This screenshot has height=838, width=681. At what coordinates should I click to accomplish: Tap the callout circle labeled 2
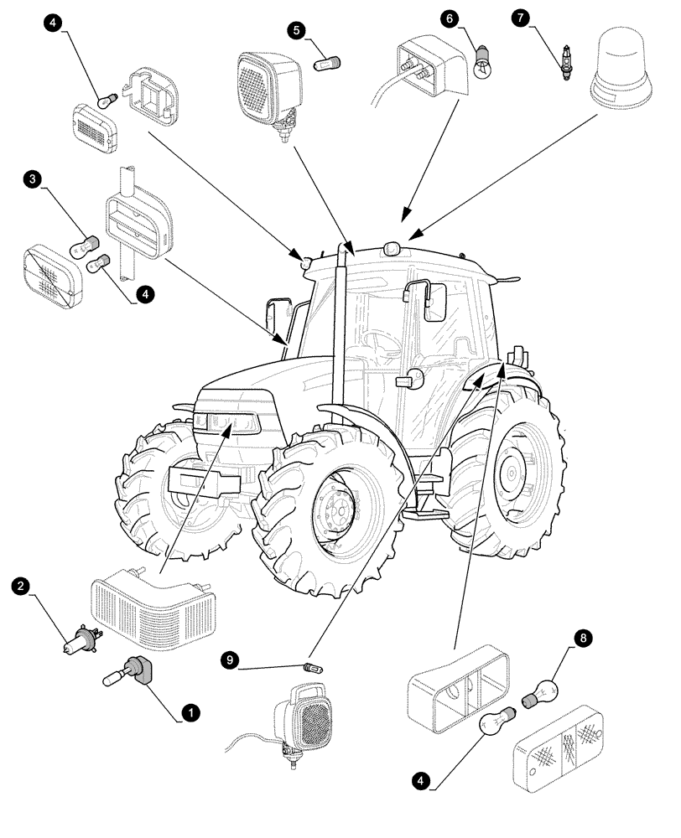coord(23,585)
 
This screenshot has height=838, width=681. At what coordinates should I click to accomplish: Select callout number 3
coord(33,178)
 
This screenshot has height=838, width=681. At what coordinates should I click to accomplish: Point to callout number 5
coord(295,30)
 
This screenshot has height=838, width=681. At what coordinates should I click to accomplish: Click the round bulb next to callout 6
coord(482,63)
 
